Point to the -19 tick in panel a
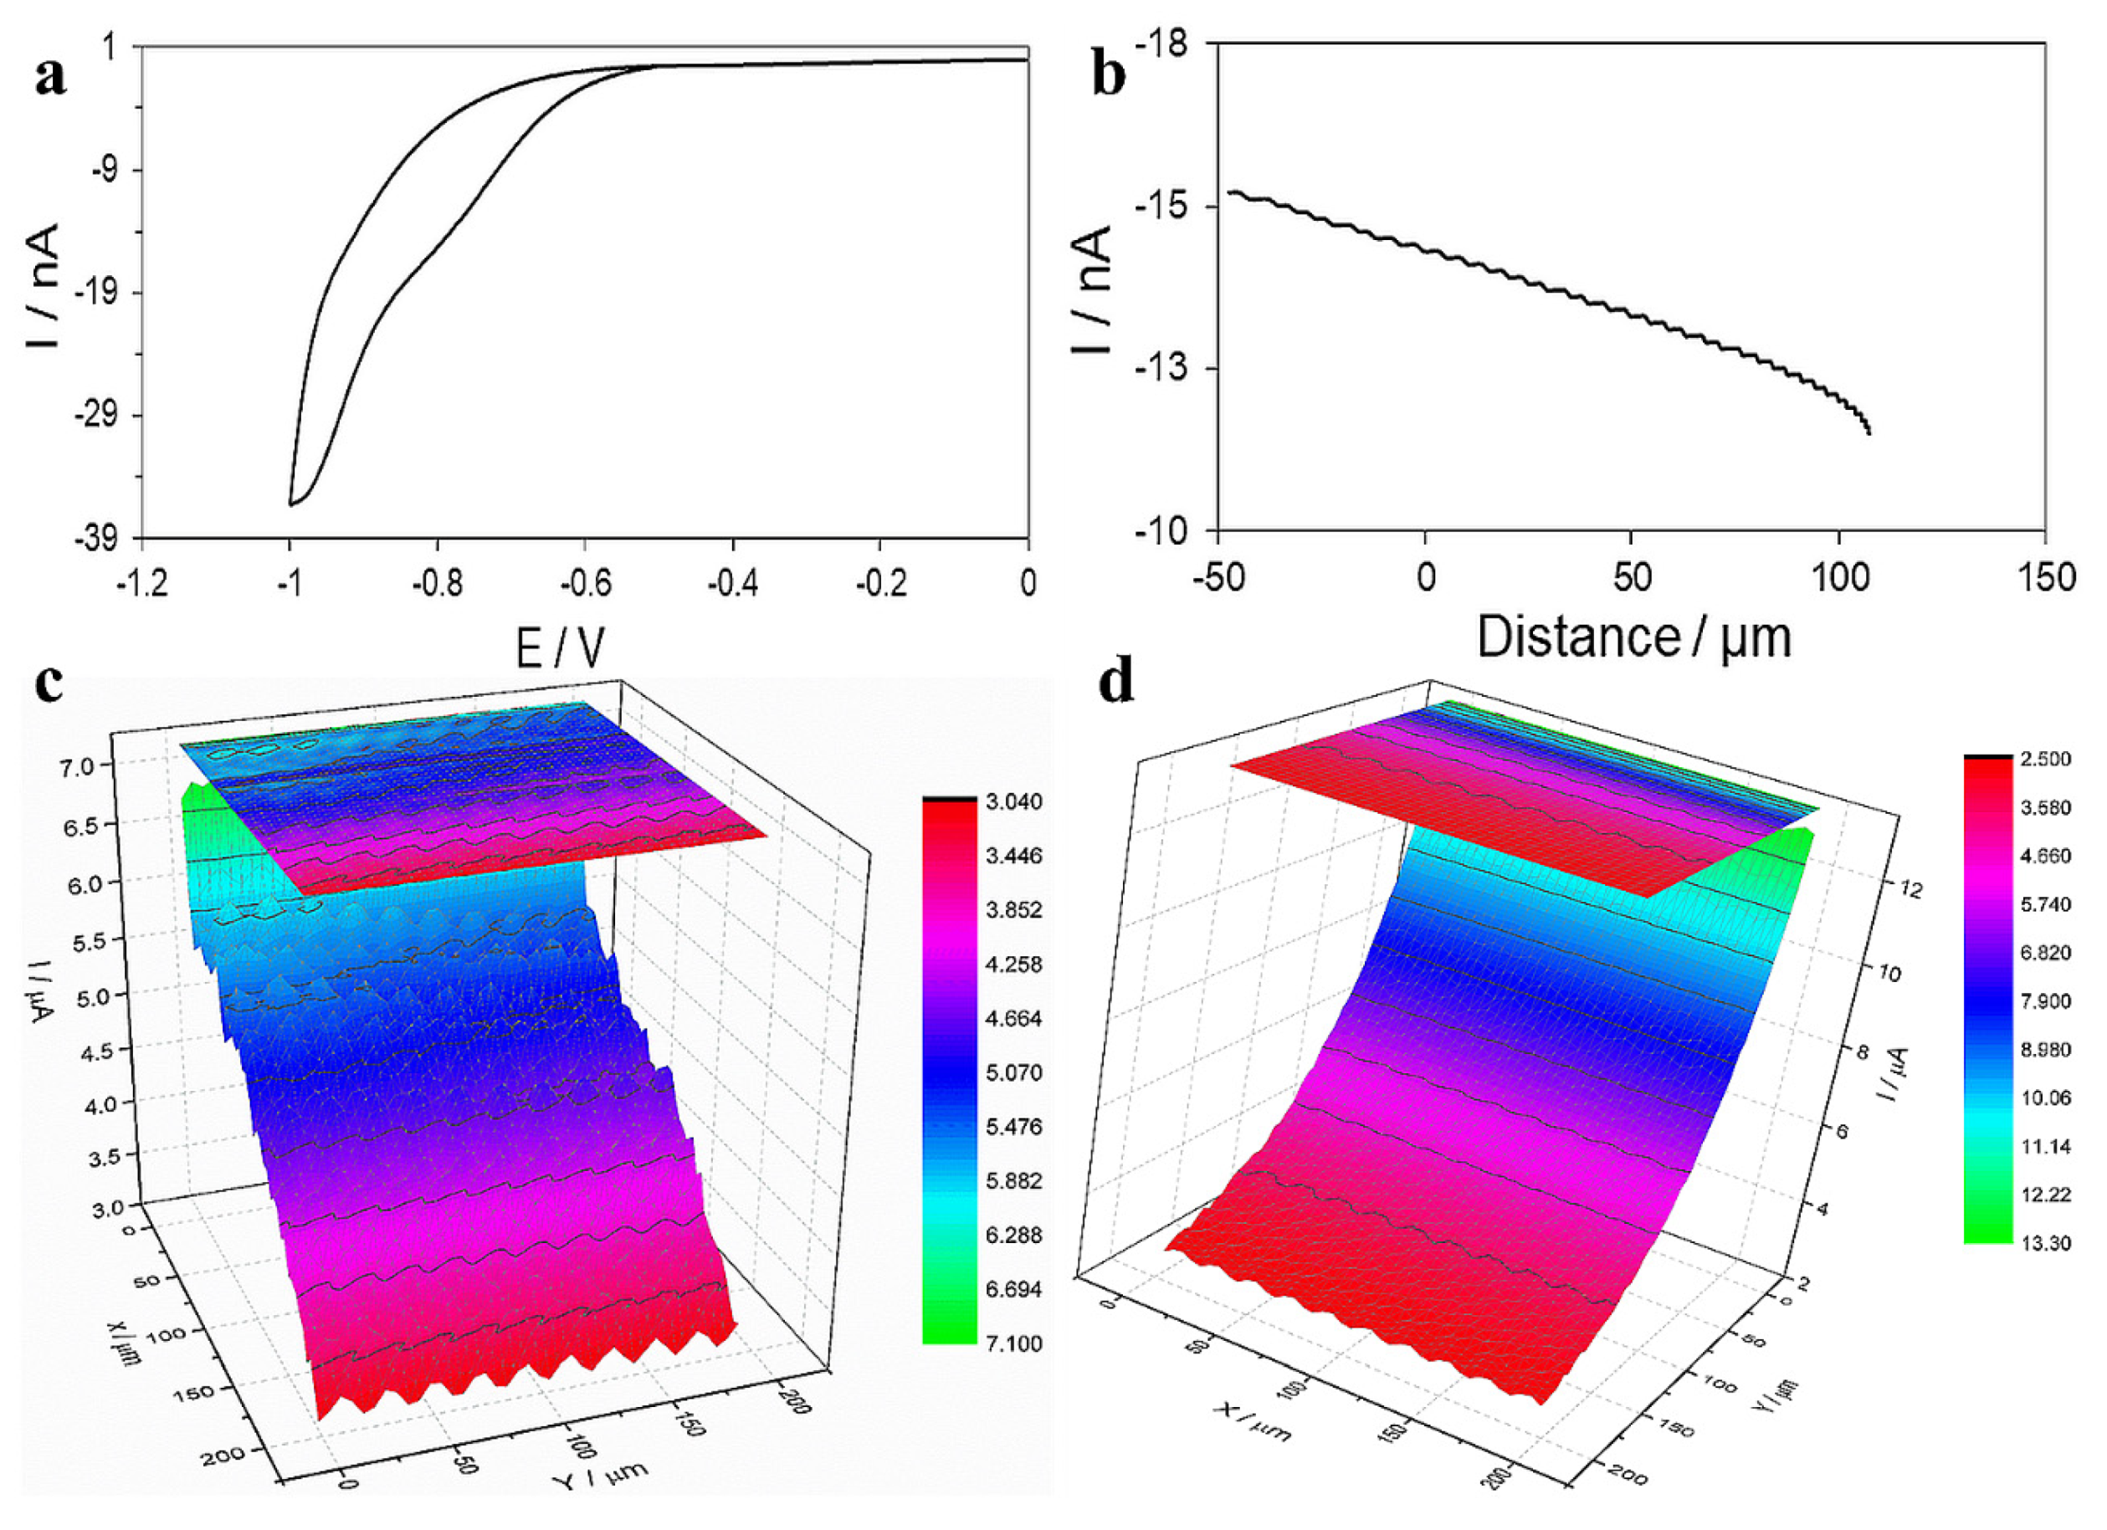click(x=95, y=293)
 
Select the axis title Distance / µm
click(x=1633, y=638)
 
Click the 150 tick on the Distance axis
click(x=2045, y=578)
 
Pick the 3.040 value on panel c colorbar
click(x=1013, y=801)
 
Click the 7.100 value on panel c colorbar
click(x=1013, y=1343)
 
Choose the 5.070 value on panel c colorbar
click(x=1013, y=1072)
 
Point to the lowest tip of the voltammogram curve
click(x=291, y=504)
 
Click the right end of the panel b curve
click(x=1868, y=432)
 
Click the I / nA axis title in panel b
click(x=1093, y=289)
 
